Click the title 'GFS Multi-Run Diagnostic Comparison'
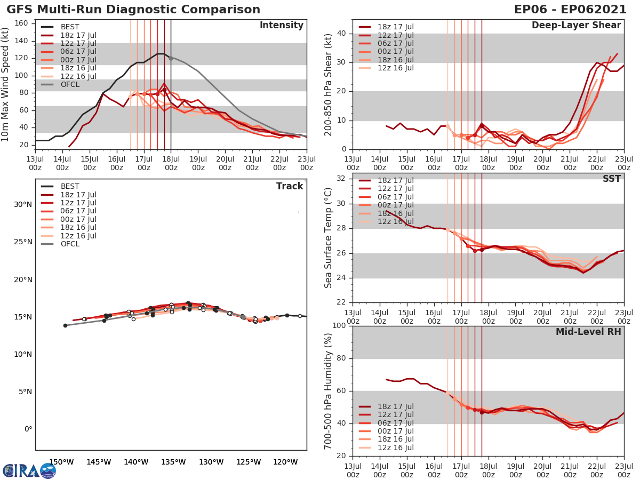point(133,10)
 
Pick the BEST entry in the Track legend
point(69,186)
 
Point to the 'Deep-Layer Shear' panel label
point(576,26)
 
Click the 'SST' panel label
point(611,179)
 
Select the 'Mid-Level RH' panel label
point(588,332)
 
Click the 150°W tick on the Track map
point(61,462)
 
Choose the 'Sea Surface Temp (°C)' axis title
point(329,237)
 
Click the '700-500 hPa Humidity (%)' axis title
point(329,390)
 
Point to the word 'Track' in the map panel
point(290,186)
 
